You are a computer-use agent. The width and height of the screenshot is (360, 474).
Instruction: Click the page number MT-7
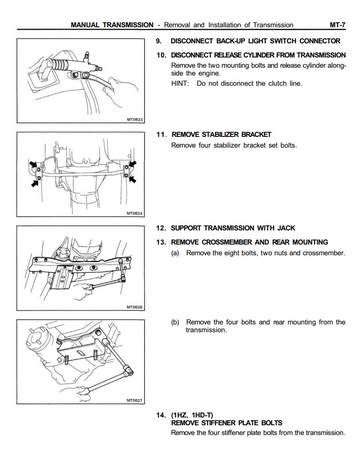(337, 25)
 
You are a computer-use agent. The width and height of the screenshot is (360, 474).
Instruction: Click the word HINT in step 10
(180, 83)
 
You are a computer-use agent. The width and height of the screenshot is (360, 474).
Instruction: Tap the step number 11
(161, 134)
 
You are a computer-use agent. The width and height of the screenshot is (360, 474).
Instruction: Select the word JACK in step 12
(286, 228)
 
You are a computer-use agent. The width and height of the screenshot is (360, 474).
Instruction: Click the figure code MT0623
(135, 119)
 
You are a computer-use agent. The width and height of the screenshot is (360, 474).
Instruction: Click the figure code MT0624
(135, 213)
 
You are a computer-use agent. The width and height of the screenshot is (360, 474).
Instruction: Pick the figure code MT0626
(135, 307)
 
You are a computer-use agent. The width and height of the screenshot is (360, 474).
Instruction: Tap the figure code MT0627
(135, 400)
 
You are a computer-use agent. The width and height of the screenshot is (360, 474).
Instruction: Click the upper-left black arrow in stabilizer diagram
(33, 165)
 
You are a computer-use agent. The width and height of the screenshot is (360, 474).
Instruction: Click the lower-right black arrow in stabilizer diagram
(132, 179)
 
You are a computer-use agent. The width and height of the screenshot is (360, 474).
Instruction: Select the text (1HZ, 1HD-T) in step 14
(192, 415)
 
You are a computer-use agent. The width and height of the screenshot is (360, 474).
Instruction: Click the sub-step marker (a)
(175, 253)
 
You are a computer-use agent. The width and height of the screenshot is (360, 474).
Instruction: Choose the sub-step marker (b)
(175, 322)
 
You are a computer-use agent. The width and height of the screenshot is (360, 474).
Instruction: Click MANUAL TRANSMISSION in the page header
(112, 25)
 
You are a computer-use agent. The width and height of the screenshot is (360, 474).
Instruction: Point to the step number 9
(159, 41)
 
